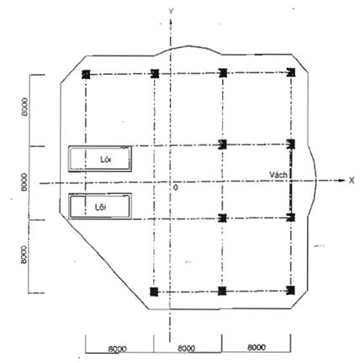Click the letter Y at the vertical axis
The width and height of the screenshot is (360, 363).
click(x=171, y=11)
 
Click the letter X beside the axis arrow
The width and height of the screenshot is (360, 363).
click(x=352, y=181)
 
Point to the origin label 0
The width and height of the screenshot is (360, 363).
click(x=176, y=187)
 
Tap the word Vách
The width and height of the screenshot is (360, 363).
click(x=278, y=175)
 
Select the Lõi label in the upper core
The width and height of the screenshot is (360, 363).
click(x=106, y=160)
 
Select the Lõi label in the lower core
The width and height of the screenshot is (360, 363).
click(x=101, y=208)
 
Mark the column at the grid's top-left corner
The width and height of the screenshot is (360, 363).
click(x=86, y=75)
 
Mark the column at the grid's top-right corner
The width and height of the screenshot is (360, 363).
click(x=291, y=72)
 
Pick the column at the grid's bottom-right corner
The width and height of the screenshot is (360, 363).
click(x=291, y=291)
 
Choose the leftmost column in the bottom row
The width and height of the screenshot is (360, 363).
click(x=154, y=292)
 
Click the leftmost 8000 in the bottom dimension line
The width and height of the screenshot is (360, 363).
click(x=118, y=349)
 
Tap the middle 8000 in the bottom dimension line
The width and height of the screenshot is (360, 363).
click(x=187, y=349)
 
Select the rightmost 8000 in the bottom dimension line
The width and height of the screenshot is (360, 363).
click(x=257, y=347)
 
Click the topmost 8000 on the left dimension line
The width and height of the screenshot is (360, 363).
click(x=25, y=107)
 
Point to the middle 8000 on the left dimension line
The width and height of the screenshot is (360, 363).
click(x=24, y=182)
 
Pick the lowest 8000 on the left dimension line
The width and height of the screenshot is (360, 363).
click(x=24, y=255)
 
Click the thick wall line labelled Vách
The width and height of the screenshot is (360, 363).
click(x=291, y=181)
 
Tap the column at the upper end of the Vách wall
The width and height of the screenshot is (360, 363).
click(x=291, y=145)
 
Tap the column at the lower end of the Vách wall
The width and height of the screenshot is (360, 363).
click(x=291, y=218)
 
